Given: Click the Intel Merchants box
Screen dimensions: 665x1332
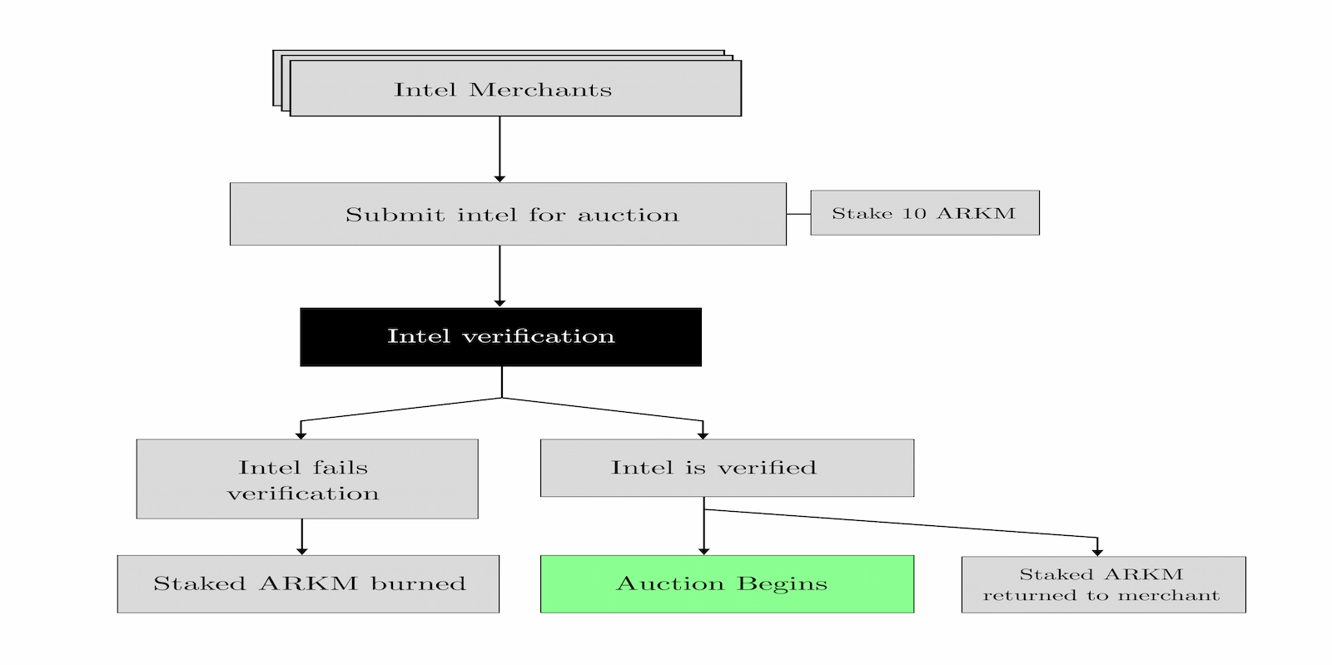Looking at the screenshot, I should tap(514, 88).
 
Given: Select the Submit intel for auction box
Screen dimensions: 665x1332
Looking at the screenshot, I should tap(508, 214).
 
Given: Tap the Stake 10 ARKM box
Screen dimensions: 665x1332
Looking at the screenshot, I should tap(924, 213).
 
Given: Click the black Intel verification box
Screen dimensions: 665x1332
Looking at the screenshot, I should tap(500, 336).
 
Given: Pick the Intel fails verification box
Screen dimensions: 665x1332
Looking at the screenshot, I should tap(306, 479).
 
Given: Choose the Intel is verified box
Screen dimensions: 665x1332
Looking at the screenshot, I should tap(727, 468).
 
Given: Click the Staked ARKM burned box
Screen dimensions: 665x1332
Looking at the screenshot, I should tap(308, 583).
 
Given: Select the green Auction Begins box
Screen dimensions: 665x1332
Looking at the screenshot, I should tap(727, 583).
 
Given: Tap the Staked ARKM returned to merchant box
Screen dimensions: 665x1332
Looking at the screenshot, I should tap(1103, 584).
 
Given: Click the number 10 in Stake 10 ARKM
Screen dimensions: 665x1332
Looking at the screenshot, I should tap(914, 213).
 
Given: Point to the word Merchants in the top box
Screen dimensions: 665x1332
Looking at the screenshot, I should tap(540, 89).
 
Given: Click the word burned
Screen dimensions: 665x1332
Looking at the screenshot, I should tap(418, 583).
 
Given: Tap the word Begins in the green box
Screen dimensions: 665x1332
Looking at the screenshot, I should tap(783, 583).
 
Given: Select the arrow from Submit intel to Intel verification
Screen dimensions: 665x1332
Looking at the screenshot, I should tap(499, 275).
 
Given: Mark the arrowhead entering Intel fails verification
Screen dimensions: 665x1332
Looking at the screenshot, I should tap(301, 434).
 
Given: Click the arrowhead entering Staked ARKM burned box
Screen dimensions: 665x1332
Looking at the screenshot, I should tap(301, 550).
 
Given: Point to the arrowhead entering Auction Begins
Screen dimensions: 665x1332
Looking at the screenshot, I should tap(703, 550).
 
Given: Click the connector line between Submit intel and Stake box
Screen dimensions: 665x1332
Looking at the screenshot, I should tap(798, 214).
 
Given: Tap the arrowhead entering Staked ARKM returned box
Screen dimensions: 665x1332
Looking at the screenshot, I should tap(1097, 552).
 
